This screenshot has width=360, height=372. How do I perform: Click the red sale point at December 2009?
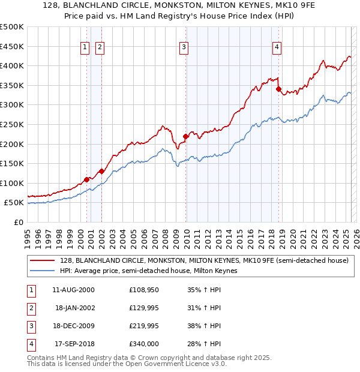pyautogui.click(x=186, y=136)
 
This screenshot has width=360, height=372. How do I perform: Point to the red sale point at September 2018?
pyautogui.click(x=278, y=89)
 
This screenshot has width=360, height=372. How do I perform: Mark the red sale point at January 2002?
pyautogui.click(x=101, y=171)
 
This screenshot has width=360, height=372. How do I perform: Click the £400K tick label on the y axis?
pyautogui.click(x=12, y=65)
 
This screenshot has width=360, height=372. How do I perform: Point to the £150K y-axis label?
pyautogui.click(x=12, y=163)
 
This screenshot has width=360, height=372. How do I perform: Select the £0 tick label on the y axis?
pyautogui.click(x=19, y=222)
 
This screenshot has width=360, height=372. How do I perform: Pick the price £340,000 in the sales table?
pyautogui.click(x=143, y=344)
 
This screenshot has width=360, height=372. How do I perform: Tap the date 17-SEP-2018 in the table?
pyautogui.click(x=74, y=344)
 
